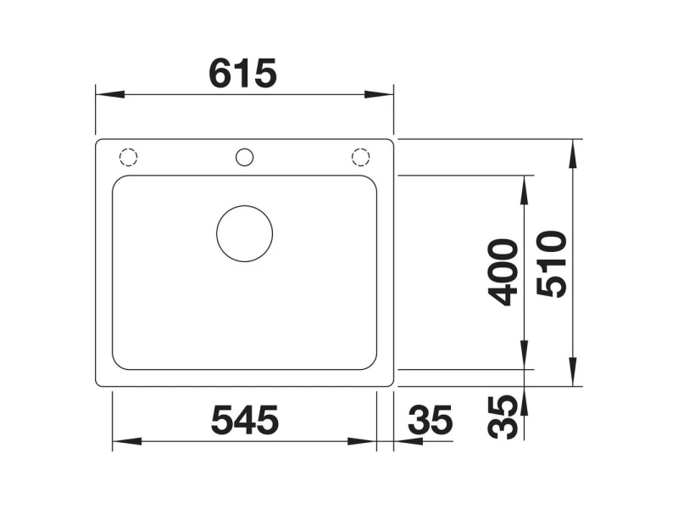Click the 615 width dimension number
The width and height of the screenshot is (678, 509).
point(242,73)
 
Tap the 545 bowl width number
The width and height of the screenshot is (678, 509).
point(245,420)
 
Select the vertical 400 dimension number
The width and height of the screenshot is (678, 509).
point(503,272)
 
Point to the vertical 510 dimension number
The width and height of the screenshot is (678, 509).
point(552,264)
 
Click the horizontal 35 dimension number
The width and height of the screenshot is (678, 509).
point(431,420)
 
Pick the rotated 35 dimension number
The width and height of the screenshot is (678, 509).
point(503,417)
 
